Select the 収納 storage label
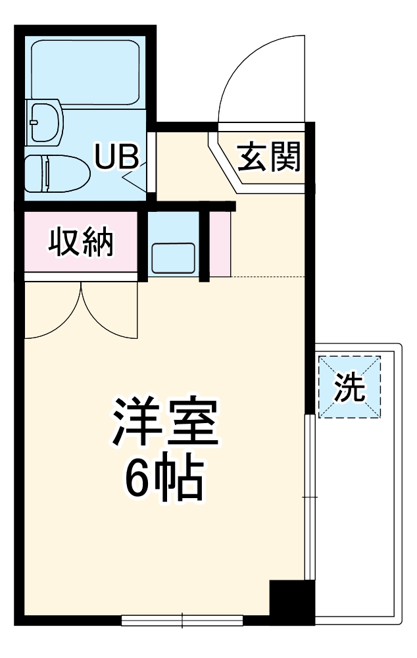coord(81,243)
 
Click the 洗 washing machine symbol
coord(349,387)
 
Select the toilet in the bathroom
coord(57,172)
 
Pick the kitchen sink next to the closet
coord(173,257)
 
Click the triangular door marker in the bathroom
coord(137,178)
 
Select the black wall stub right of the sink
coord(205,245)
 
